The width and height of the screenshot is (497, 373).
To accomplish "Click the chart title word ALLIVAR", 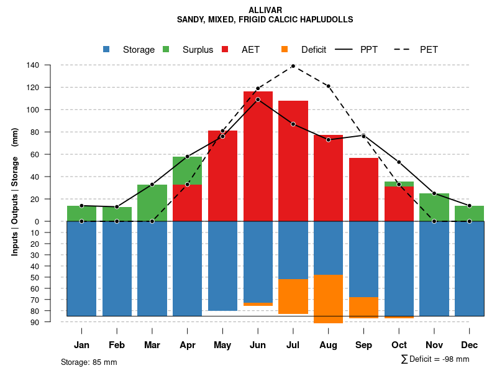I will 265,11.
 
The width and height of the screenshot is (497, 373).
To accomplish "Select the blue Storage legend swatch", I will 107,50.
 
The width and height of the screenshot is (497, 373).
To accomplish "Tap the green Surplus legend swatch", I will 166,50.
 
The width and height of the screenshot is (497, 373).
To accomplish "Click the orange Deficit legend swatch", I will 285,50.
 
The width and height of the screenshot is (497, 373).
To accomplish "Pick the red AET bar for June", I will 258,155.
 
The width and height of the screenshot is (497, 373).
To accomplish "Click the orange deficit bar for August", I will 329,298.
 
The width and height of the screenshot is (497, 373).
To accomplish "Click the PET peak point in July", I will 293,66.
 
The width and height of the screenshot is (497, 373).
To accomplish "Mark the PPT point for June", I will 258,99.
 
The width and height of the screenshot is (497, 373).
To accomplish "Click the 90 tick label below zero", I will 35,322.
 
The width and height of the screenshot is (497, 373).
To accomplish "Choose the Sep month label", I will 364,345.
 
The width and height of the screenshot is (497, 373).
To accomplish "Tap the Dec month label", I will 470,345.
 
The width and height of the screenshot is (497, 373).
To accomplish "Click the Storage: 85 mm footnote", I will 89,362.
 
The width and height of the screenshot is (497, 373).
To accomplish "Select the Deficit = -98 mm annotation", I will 435,359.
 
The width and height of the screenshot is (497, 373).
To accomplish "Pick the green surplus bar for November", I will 434,207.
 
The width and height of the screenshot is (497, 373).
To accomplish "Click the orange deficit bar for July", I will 293,297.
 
